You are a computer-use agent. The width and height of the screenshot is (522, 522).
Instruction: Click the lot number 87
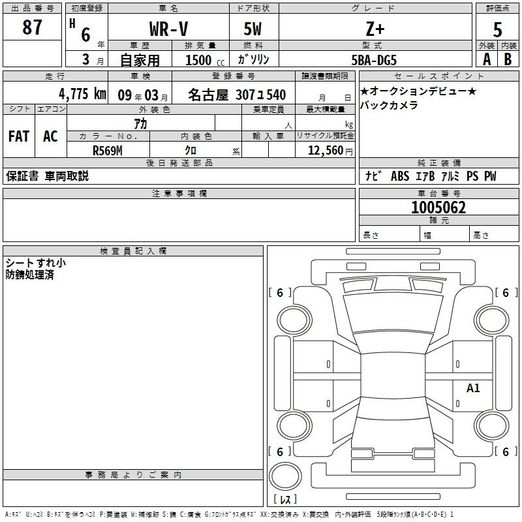[32, 27]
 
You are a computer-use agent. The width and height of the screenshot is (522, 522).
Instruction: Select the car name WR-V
[168, 29]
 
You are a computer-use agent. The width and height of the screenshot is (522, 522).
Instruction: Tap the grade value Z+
[375, 29]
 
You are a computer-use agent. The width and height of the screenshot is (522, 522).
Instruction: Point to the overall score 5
[497, 29]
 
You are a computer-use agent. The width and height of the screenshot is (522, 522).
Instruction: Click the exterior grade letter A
[487, 59]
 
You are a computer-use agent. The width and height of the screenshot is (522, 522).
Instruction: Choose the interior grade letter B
[508, 59]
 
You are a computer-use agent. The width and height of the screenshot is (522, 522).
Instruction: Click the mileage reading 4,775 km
[83, 94]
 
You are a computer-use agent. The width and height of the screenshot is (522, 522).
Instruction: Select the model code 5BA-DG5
[374, 60]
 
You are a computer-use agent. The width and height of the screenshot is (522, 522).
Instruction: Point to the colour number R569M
[108, 151]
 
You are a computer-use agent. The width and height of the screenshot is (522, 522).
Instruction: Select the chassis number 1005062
[438, 207]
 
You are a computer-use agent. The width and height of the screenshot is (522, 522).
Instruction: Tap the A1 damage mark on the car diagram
[473, 388]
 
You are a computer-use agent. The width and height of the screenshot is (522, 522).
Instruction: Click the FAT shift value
[19, 136]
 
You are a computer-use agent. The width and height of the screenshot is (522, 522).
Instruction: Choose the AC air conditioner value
[50, 136]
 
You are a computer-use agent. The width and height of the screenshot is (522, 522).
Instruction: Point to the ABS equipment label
[400, 176]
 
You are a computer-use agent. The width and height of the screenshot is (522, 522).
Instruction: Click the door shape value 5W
[253, 29]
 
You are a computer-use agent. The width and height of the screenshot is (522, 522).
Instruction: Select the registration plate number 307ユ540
[260, 95]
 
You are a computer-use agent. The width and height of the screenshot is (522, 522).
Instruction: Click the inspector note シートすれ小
[36, 263]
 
